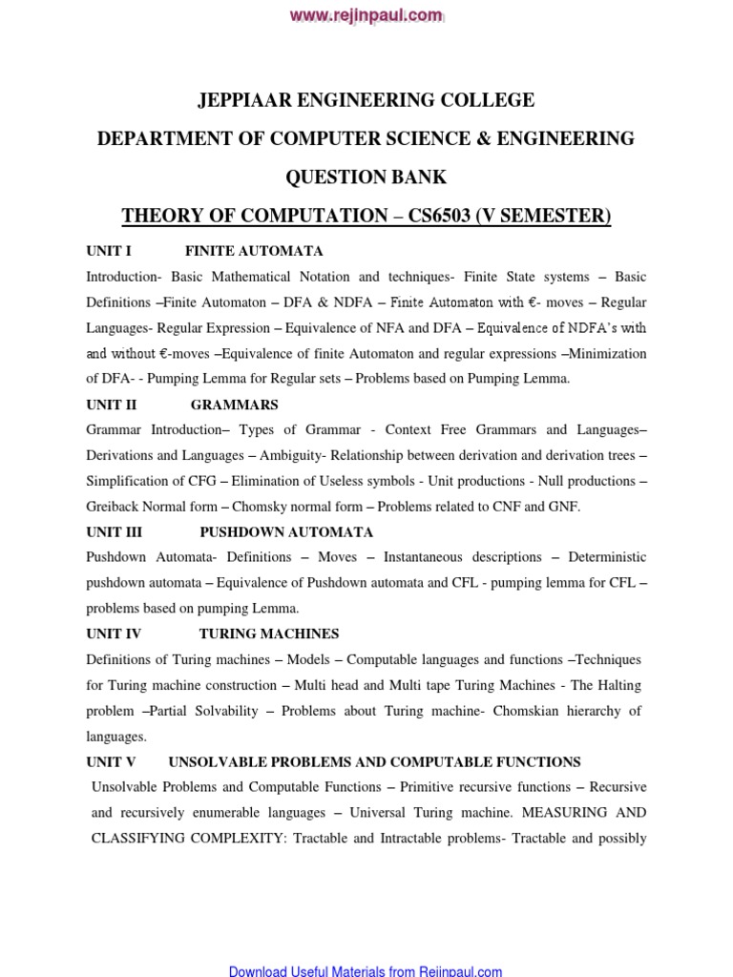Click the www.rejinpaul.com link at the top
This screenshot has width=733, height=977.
coord(366,14)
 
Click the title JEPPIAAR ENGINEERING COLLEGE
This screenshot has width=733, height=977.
coord(366,100)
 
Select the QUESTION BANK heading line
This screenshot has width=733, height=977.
coord(366,177)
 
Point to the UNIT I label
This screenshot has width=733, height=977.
coord(108,251)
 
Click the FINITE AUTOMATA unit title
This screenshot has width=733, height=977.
coord(254,251)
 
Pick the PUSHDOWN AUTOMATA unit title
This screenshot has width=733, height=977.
coord(286,531)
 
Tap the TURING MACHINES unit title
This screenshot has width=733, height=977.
coord(268,634)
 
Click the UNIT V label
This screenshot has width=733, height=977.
coord(111,761)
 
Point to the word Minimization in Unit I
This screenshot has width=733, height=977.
coord(608,353)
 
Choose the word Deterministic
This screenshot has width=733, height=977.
coord(607,557)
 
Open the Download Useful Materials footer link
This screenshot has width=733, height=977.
coord(366,970)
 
